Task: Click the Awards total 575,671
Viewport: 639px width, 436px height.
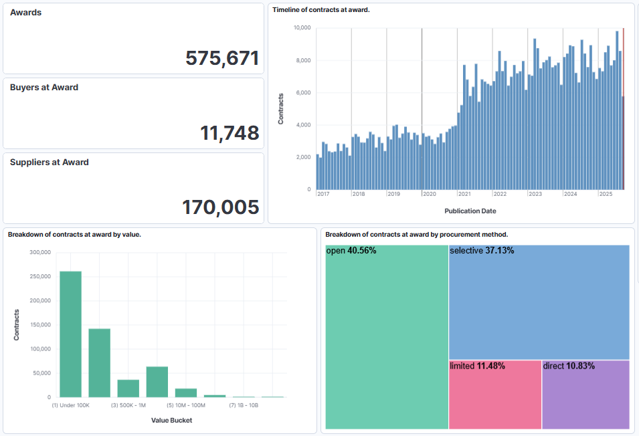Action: (x=222, y=58)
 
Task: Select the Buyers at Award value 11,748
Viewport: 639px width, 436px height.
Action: (x=230, y=133)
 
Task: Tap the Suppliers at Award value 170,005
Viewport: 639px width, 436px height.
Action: (x=220, y=207)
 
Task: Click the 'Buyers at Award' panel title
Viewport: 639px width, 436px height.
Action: (x=44, y=88)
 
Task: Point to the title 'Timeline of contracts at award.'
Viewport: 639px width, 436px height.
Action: (x=321, y=10)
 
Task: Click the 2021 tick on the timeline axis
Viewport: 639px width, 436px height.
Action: (x=464, y=194)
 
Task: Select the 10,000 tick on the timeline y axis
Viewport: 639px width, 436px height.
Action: (x=302, y=28)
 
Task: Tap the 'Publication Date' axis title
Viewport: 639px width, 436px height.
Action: (x=470, y=211)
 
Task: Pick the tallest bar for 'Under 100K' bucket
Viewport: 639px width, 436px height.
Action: (x=71, y=334)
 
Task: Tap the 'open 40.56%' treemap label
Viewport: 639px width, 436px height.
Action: (x=351, y=251)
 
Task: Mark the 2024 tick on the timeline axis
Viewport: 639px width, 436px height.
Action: (x=570, y=194)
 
